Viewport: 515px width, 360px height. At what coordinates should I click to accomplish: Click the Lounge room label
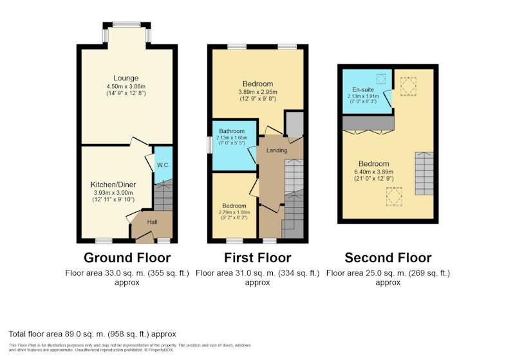click(x=126, y=78)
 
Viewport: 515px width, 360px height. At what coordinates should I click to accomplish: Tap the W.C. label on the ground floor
click(x=164, y=165)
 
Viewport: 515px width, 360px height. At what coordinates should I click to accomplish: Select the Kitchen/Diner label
click(x=113, y=184)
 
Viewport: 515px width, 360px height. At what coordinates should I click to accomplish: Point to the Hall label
click(x=152, y=222)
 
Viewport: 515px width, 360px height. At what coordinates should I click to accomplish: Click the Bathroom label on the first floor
click(x=232, y=131)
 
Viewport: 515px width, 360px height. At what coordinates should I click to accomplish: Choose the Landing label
click(x=277, y=150)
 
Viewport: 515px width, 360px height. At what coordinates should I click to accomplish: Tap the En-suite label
click(x=363, y=89)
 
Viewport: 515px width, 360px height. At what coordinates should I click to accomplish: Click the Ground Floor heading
click(x=127, y=258)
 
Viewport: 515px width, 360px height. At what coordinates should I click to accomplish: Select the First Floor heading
click(x=257, y=258)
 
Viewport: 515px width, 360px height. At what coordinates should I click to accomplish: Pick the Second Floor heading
click(x=388, y=258)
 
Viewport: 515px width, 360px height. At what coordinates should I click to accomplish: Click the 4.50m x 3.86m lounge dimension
click(x=126, y=87)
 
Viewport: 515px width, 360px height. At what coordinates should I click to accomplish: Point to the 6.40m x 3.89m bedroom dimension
click(x=374, y=172)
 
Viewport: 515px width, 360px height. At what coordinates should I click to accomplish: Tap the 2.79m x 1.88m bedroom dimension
click(x=234, y=212)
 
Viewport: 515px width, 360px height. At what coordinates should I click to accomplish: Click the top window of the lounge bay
click(x=126, y=24)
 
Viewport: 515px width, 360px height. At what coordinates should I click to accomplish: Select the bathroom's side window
click(x=209, y=145)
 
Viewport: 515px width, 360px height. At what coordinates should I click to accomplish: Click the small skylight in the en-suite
click(x=381, y=78)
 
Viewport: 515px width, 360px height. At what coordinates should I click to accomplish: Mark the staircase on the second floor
click(x=424, y=174)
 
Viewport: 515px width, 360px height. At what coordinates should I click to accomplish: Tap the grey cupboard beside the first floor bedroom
click(x=294, y=124)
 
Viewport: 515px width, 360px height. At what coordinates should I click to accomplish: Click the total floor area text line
click(x=92, y=334)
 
